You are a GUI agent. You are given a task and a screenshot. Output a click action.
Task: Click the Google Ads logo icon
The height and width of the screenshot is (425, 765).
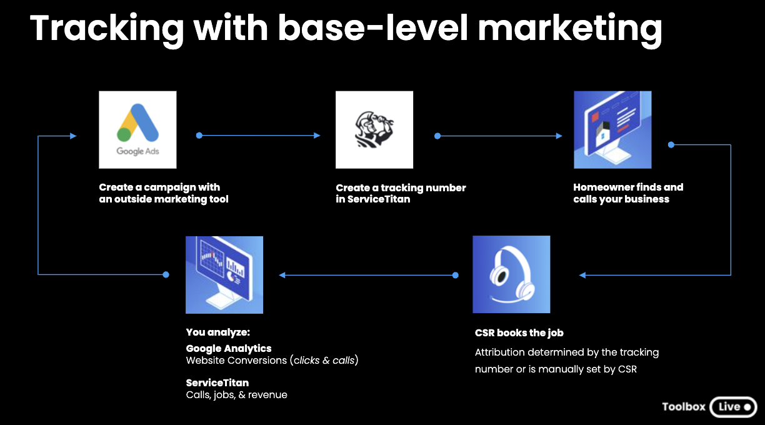click(137, 129)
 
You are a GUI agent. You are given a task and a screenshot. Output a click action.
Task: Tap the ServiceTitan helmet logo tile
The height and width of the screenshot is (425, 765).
click(374, 129)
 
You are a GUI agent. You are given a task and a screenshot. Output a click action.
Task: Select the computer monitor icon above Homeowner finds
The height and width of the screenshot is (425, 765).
click(612, 129)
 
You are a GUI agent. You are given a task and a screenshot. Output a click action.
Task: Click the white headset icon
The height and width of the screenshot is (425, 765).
click(511, 274)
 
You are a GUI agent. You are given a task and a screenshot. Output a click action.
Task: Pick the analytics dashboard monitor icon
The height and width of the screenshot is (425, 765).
click(224, 274)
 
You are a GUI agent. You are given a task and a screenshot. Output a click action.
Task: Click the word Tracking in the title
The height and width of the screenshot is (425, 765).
click(107, 28)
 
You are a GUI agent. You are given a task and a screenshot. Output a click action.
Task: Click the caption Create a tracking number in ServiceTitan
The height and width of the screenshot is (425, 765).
click(401, 193)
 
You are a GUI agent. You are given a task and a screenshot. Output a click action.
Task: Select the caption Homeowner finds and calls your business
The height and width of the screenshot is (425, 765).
click(628, 193)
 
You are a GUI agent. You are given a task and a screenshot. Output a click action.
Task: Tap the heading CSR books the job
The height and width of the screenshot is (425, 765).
click(519, 332)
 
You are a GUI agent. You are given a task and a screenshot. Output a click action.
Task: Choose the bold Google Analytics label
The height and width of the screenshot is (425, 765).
click(229, 348)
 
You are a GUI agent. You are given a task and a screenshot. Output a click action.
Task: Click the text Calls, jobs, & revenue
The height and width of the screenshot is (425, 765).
click(236, 394)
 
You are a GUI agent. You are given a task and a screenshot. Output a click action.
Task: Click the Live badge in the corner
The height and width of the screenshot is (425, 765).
click(733, 406)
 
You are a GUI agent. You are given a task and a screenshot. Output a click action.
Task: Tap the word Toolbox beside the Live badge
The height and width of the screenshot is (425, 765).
click(684, 406)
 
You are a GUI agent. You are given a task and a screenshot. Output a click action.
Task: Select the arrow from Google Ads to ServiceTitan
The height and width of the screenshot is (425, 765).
click(259, 136)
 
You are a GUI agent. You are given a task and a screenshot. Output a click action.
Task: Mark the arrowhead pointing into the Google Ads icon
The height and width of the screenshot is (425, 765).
click(73, 136)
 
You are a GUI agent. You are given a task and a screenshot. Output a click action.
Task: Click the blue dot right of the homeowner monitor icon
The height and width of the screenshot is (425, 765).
click(671, 144)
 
